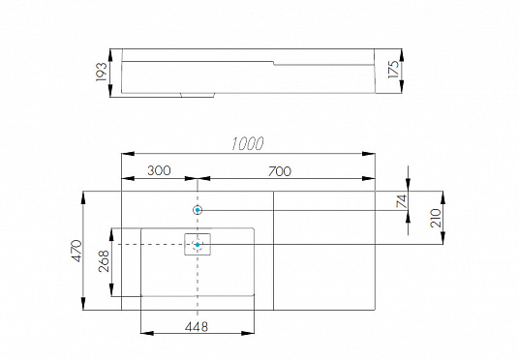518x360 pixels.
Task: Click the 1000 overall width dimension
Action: click(248, 143)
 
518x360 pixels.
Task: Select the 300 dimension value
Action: click(158, 170)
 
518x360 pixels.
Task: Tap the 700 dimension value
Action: click(279, 170)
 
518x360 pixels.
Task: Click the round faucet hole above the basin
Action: click(198, 210)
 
